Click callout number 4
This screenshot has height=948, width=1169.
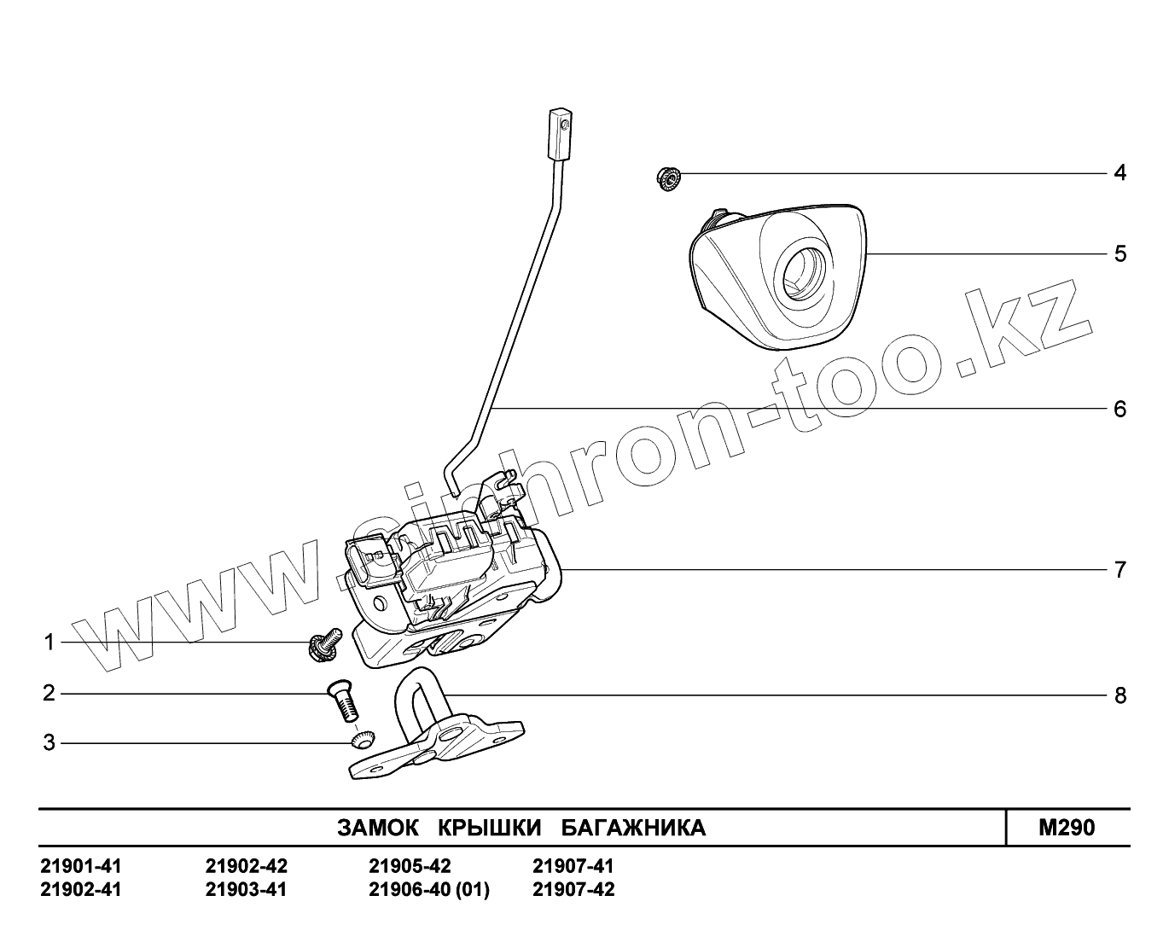coord(1120,173)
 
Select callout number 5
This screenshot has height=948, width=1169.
coord(1120,254)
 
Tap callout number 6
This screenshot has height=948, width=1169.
coord(1120,410)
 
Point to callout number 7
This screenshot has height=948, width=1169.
coord(1120,569)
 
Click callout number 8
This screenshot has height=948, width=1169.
coord(1120,695)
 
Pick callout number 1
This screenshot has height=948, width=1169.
coord(49,642)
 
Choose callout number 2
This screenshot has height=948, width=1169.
coord(49,693)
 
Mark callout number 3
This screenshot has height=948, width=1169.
coord(49,743)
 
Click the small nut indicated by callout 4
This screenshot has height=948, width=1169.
coord(667,178)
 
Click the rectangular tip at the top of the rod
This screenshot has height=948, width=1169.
coord(560,133)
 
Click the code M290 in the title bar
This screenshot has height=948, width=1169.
coord(1066,828)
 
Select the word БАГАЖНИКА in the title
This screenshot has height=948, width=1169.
coord(633,828)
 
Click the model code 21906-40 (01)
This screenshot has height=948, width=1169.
coord(429,890)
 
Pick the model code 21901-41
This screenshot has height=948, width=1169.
coord(81,866)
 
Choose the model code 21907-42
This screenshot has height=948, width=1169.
coord(573,890)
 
